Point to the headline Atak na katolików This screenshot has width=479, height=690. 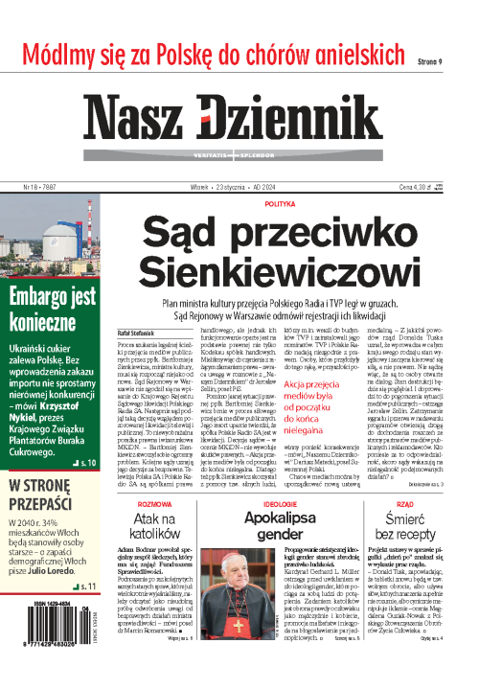(x=155, y=526)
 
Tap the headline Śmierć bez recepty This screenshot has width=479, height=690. (x=403, y=526)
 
